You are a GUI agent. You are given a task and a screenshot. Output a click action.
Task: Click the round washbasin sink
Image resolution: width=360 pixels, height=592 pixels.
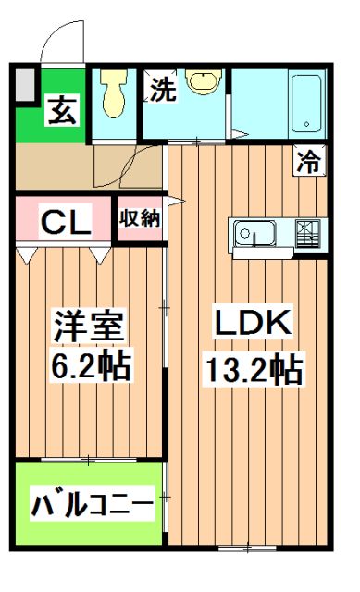[201, 81]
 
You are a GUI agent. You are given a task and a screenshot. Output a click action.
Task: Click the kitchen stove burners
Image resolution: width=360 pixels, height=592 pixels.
[307, 234]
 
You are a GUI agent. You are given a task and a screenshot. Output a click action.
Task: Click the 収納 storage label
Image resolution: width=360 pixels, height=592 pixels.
[139, 219]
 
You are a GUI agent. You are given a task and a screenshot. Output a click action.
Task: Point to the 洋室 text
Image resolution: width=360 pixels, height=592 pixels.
[89, 327]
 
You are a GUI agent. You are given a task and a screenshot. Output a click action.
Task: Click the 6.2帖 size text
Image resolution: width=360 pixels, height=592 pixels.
[89, 367]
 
